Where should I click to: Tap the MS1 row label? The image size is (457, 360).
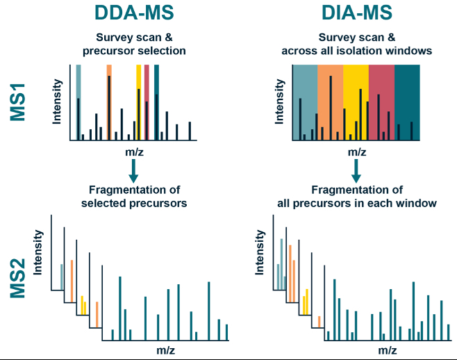click(x=19, y=103)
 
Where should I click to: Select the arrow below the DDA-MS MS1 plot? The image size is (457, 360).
click(x=133, y=172)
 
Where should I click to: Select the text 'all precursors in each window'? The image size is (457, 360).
click(x=356, y=204)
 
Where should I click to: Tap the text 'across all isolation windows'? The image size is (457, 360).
click(x=356, y=50)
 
